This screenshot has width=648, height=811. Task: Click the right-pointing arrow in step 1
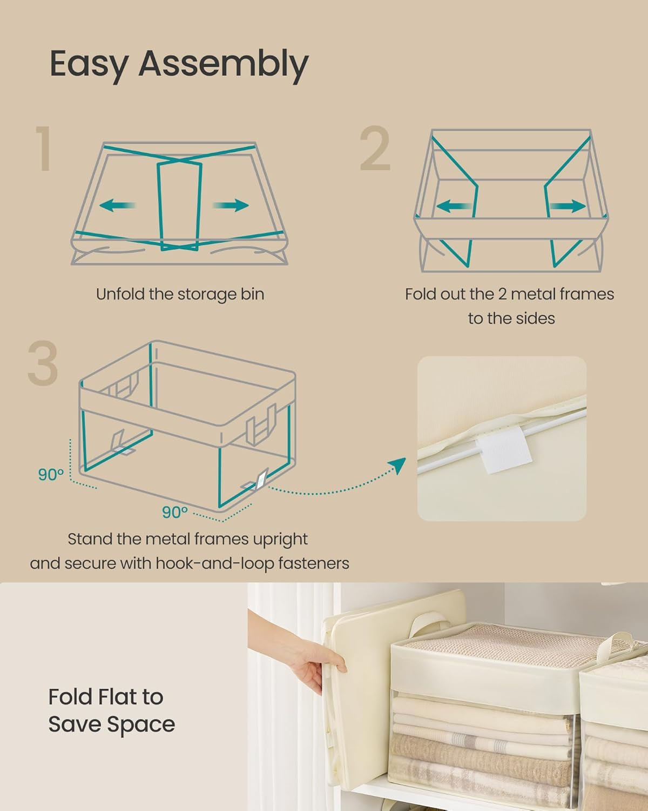click(x=231, y=205)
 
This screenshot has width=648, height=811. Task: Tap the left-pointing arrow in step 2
click(x=453, y=206)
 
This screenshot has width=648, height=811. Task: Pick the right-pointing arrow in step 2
click(x=567, y=206)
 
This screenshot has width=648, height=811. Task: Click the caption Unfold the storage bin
click(x=180, y=294)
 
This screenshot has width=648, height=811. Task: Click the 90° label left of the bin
click(x=51, y=475)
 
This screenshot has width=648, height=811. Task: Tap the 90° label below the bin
click(x=175, y=511)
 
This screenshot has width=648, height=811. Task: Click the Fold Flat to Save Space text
click(x=111, y=710)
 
